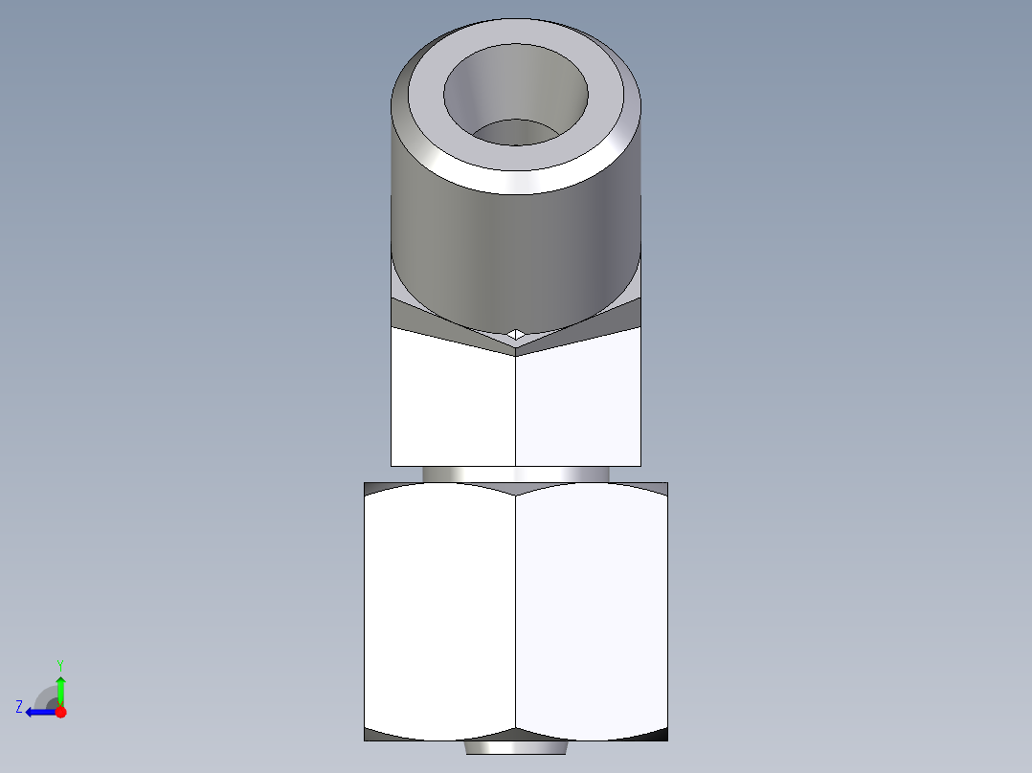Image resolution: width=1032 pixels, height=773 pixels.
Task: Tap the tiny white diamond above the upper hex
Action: click(516, 334)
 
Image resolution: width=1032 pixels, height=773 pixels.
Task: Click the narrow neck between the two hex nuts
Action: click(516, 474)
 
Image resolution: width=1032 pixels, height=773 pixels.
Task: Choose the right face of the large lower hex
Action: click(591, 612)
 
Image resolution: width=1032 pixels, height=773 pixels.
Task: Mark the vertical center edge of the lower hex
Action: click(516, 612)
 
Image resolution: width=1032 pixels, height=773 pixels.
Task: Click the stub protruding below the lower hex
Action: click(516, 747)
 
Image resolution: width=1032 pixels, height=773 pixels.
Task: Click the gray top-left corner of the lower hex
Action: click(373, 487)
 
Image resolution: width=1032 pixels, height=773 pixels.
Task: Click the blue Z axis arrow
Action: click(38, 712)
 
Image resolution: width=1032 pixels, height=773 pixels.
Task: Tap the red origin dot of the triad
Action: click(61, 712)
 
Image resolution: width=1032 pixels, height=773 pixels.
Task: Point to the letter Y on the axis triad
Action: click(59, 664)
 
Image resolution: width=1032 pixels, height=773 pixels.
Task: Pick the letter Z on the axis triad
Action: click(19, 707)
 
